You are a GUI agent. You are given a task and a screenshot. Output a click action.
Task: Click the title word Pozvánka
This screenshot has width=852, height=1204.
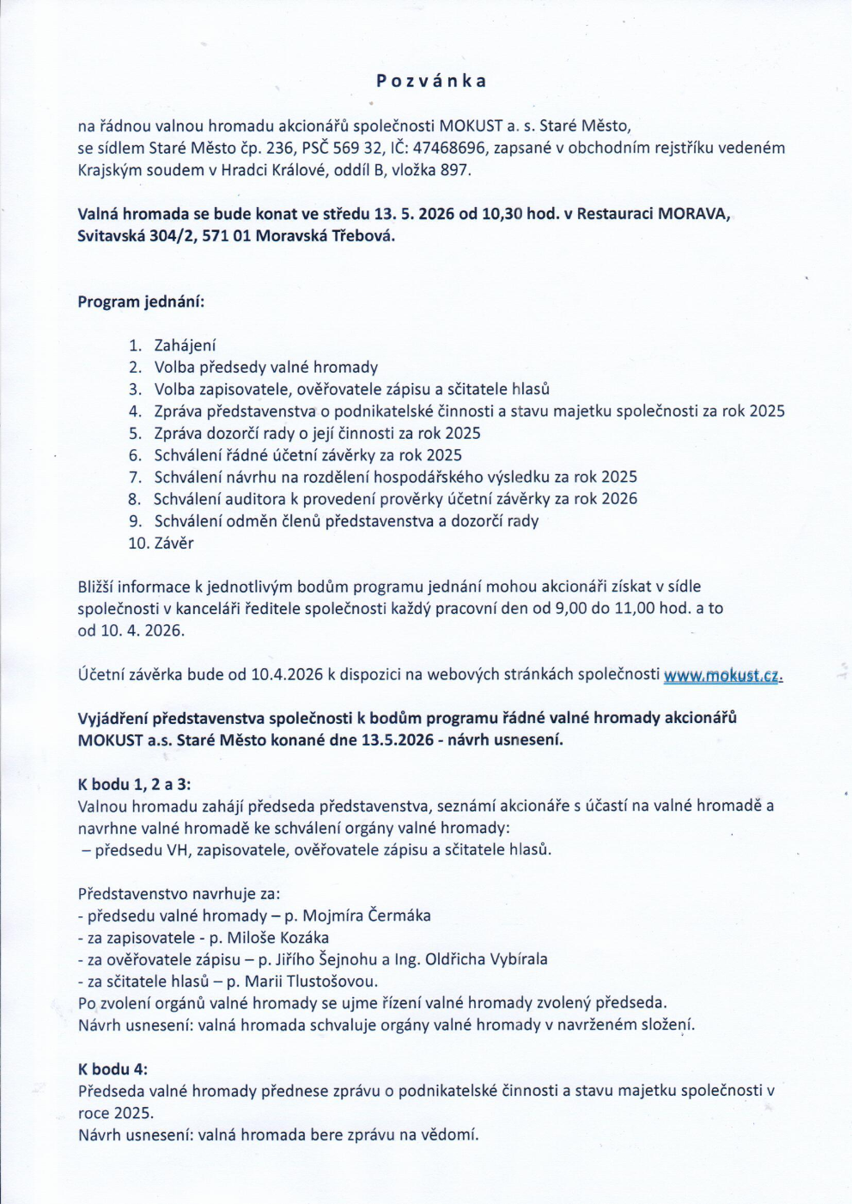[431, 82]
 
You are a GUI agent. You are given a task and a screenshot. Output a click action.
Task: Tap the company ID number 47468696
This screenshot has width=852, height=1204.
[449, 149]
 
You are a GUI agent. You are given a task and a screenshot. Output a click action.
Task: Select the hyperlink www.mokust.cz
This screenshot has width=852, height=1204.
[722, 676]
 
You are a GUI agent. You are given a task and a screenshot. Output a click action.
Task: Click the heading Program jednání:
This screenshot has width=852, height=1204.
[141, 302]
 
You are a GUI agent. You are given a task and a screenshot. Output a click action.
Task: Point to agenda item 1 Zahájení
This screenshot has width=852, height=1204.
[185, 346]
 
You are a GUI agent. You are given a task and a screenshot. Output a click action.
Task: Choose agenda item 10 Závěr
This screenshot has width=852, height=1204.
[173, 544]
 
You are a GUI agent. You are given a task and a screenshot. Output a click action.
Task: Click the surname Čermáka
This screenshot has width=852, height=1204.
[399, 915]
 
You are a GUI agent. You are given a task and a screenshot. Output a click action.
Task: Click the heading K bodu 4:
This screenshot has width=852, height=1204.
[113, 1069]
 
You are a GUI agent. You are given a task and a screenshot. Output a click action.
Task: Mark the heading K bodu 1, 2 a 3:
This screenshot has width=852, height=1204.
[135, 784]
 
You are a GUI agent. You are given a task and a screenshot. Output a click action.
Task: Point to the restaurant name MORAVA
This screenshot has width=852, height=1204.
[693, 214]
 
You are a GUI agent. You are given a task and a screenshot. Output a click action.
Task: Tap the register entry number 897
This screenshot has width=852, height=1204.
[454, 170]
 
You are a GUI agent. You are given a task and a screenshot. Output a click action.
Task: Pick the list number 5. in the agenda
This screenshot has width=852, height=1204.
[135, 434]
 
